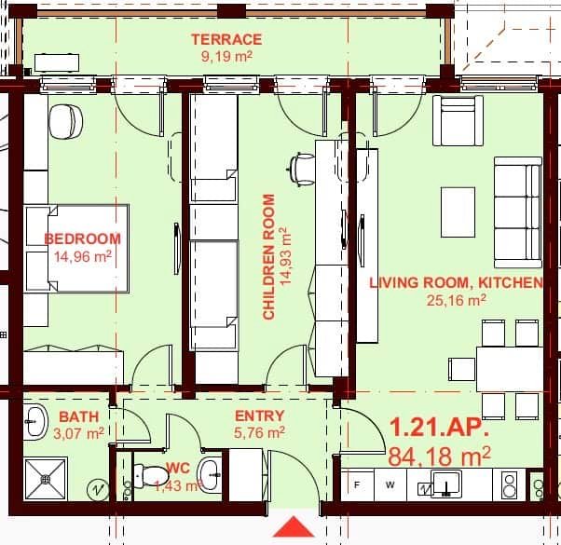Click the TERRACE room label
point(226,39)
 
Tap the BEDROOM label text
point(83,238)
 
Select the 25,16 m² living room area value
point(457,300)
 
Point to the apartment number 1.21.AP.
point(438,429)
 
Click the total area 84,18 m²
point(440,456)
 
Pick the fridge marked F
point(356,484)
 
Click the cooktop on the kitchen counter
point(510,484)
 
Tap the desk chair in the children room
point(301,169)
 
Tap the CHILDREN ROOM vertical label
point(269,256)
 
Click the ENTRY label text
point(259,416)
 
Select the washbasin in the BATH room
point(35,421)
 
